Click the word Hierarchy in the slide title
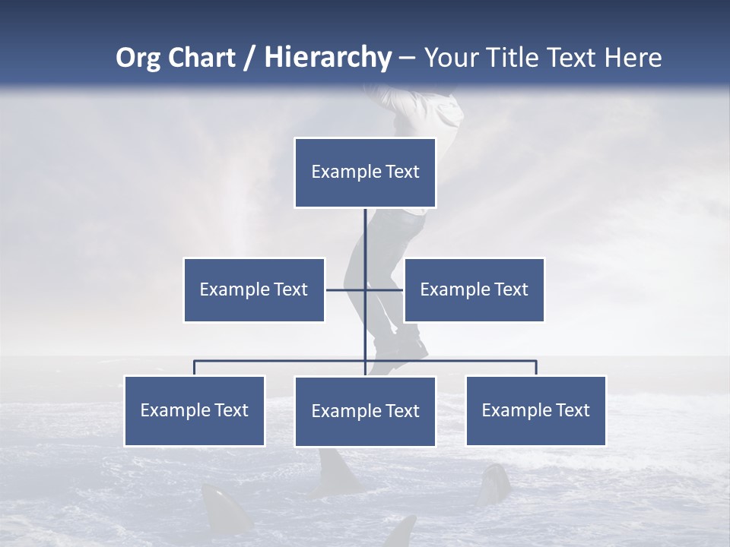328,58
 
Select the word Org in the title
137,58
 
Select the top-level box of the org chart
365,172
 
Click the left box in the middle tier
254,289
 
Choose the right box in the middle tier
474,289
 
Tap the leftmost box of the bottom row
195,410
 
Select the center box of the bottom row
365,411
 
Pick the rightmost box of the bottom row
535,410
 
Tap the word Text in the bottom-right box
572,410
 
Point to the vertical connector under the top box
365,236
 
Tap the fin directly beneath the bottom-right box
494,482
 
